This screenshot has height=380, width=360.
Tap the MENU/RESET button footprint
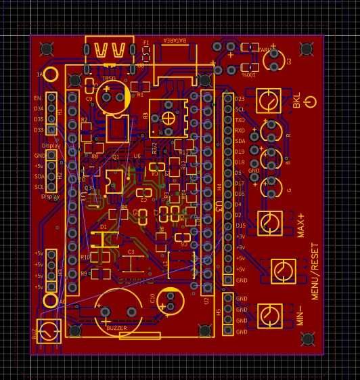(284, 271)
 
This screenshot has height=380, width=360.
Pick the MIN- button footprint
(271, 314)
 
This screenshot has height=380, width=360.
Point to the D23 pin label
(240, 99)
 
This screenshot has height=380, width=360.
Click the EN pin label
(38, 98)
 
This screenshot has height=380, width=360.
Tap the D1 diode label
(103, 226)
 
